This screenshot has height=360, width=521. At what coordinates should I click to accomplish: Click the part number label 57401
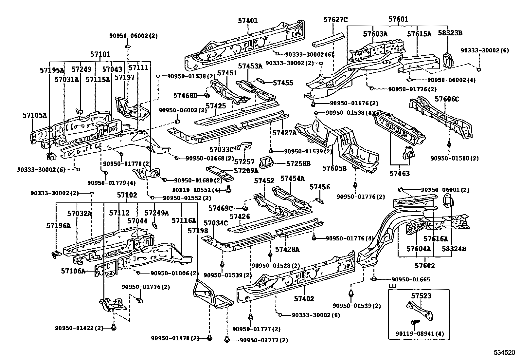click(248, 21)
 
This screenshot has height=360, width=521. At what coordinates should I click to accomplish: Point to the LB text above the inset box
click(392, 286)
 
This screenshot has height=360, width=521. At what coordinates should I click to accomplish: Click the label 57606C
click(447, 99)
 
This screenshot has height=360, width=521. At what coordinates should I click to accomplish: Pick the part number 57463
click(400, 174)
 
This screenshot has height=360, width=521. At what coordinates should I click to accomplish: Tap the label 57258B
click(298, 163)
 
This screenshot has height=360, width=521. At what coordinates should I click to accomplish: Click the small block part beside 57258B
click(267, 162)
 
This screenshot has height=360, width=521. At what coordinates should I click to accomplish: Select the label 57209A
click(246, 171)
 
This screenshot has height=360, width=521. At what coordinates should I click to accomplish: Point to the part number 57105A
click(35, 115)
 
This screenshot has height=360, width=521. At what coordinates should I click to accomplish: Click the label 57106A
click(73, 271)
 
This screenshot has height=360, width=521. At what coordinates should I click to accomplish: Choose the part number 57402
click(304, 298)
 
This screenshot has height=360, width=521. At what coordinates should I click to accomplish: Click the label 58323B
click(452, 33)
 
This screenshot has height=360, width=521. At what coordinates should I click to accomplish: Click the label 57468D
click(185, 95)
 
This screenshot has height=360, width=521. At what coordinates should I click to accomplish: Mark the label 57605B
click(334, 168)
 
